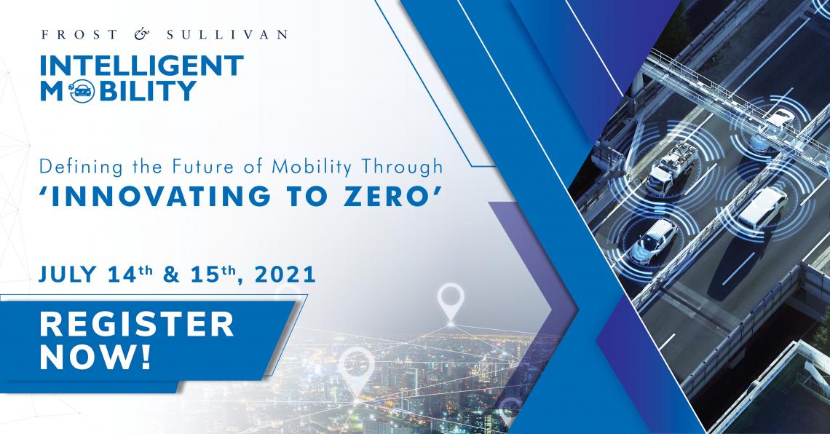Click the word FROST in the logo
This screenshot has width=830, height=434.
click(x=79, y=35)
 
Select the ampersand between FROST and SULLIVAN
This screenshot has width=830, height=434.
click(x=142, y=35)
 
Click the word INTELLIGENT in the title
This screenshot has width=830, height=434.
click(x=142, y=66)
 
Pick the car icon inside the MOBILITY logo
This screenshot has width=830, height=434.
click(x=82, y=92)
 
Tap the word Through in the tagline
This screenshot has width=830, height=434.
click(x=402, y=167)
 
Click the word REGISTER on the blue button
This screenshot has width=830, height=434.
click(x=137, y=324)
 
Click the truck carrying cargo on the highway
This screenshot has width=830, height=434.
click(x=672, y=167)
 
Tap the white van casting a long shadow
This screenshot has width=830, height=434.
click(x=762, y=208)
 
